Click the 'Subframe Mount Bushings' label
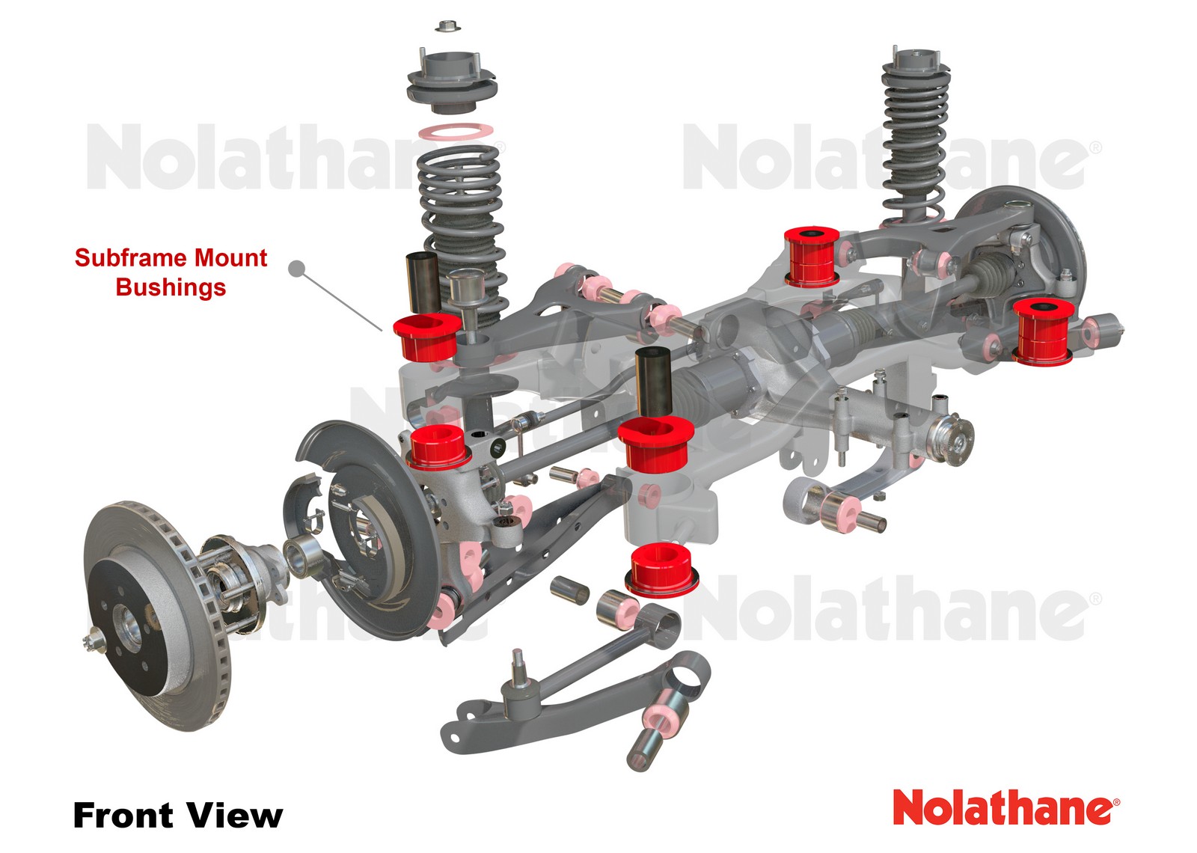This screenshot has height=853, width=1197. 171,272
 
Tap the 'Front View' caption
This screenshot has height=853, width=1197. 177,815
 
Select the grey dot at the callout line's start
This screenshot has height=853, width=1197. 297,268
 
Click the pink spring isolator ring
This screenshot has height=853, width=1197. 455,132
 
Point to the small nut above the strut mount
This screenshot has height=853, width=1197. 447,27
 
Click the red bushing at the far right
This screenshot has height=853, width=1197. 1043,331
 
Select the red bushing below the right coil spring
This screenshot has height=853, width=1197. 811,257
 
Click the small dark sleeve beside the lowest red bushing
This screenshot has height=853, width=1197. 570,590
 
